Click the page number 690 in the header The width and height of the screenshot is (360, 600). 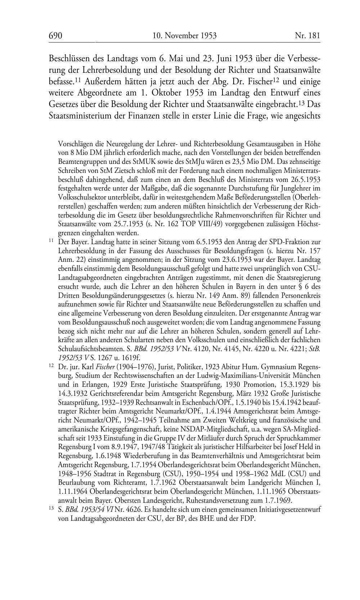coord(55,36)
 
